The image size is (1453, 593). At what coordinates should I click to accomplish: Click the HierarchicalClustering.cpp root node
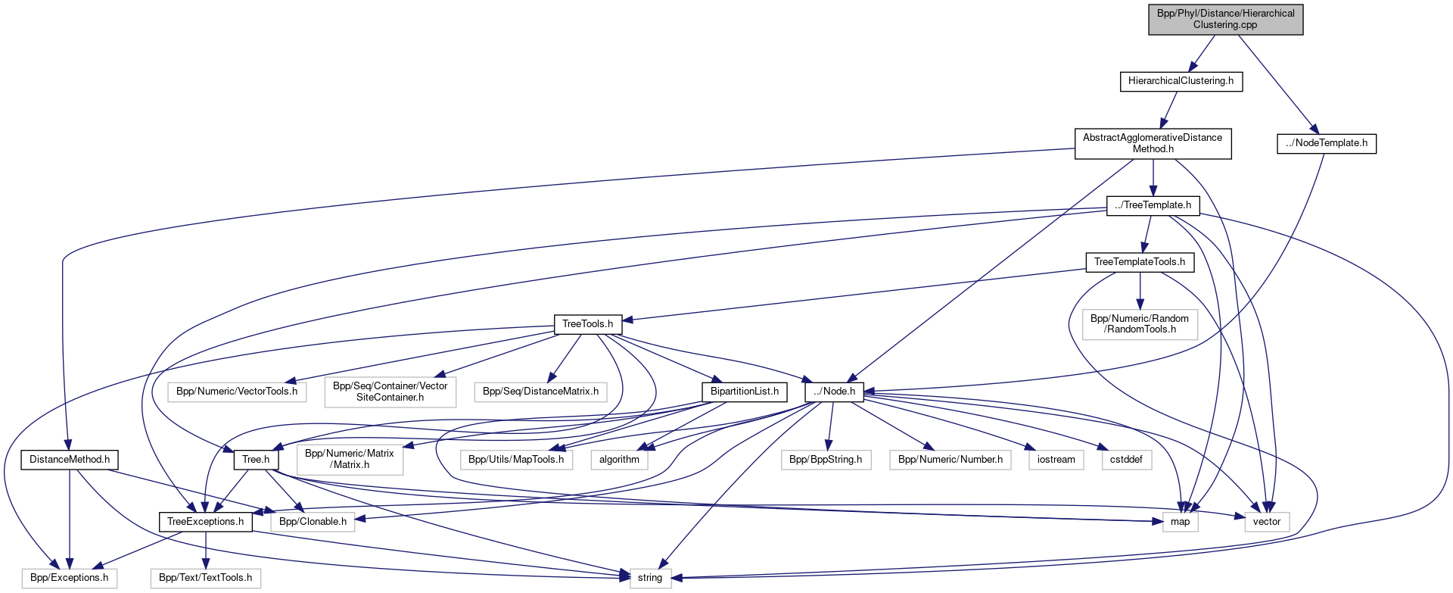click(1225, 19)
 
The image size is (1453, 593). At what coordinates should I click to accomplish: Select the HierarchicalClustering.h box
click(1181, 81)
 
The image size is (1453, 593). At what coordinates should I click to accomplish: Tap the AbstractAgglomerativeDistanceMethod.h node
click(1153, 143)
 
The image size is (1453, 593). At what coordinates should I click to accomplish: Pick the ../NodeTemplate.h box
click(1326, 143)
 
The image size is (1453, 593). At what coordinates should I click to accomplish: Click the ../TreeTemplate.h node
click(1153, 205)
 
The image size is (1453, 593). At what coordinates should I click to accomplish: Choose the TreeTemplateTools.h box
click(1139, 262)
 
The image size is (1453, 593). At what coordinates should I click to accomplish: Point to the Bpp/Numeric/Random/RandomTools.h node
click(1140, 324)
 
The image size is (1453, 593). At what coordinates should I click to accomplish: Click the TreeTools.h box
click(587, 324)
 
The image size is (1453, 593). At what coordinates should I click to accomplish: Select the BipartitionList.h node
click(744, 392)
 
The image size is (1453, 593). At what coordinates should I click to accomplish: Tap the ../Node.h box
click(834, 392)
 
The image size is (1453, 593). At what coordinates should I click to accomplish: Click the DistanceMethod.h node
click(70, 460)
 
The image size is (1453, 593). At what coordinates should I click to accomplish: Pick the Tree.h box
click(256, 460)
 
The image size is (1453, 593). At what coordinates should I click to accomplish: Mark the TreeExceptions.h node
click(205, 522)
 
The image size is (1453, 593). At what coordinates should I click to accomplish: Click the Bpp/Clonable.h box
click(313, 522)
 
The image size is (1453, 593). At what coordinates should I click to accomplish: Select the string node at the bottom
click(649, 578)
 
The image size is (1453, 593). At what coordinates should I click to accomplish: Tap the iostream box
click(1056, 460)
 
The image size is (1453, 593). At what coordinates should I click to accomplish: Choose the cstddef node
click(1126, 460)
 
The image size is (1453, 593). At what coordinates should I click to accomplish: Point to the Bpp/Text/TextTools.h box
click(205, 578)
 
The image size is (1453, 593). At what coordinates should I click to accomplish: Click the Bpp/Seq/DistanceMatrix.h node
click(540, 392)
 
